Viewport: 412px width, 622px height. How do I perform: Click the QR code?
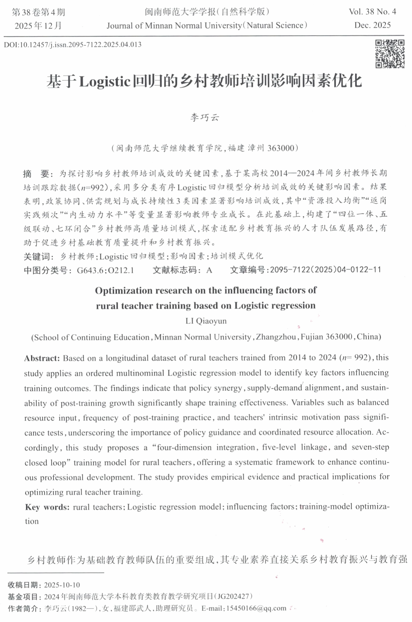389,54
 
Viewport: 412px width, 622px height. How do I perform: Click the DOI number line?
73,45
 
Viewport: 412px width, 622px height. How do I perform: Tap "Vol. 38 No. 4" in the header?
372,12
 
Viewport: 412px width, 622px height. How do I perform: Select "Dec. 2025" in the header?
372,25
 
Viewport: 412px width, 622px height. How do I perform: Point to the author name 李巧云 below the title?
205,117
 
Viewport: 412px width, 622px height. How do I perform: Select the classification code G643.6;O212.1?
105,270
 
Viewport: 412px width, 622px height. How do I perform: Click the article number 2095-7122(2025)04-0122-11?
325,270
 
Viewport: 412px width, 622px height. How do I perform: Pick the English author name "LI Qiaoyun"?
206,321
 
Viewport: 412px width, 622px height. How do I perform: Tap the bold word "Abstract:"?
42,358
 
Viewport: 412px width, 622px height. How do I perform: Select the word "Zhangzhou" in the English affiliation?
276,337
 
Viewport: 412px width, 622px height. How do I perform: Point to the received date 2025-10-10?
62,585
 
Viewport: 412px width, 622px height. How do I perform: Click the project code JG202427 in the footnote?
233,596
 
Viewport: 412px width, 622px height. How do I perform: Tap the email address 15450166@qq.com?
256,608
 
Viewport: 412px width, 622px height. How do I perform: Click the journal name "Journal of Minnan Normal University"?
174,26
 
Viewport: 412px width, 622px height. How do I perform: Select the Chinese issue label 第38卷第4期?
38,12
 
